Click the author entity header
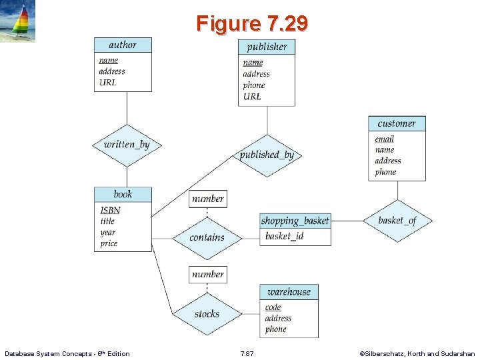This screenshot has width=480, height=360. tap(123, 45)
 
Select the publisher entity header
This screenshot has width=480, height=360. tap(267, 47)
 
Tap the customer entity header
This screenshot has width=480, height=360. tap(397, 123)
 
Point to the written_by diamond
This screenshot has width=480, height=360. tap(127, 145)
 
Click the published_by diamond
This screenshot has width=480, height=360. tap(267, 155)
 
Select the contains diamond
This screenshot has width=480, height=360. tap(207, 237)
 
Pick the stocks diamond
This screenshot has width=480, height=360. tap(207, 313)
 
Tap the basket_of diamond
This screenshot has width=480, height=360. tap(397, 221)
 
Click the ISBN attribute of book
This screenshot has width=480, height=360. tap(110, 210)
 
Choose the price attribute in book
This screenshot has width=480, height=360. tap(109, 243)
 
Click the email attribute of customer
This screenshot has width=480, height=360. tap(384, 139)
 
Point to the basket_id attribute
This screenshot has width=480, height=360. tap(284, 236)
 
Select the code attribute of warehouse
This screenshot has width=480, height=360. tap(273, 307)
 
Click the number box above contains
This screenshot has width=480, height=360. tap(208, 199)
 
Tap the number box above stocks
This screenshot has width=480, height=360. tap(208, 274)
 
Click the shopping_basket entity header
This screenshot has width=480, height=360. tap(295, 221)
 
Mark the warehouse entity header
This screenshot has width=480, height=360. tap(289, 292)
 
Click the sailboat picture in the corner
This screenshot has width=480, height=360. tap(17, 21)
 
